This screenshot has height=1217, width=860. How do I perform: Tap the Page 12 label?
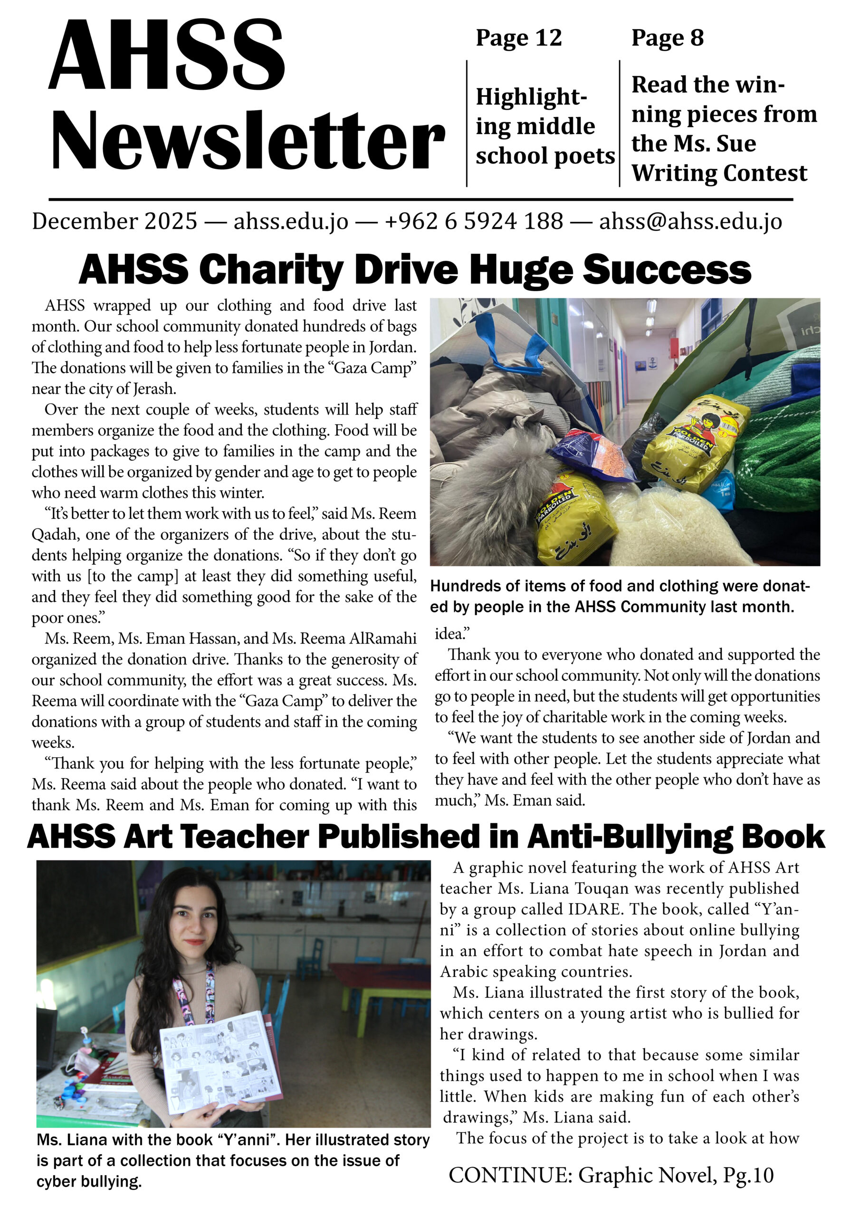(x=518, y=38)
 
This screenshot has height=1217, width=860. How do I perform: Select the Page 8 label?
(x=667, y=38)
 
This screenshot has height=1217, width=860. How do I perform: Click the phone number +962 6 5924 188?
(x=474, y=221)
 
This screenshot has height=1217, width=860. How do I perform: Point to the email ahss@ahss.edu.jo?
(x=690, y=221)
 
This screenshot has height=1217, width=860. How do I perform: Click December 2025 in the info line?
(x=115, y=221)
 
